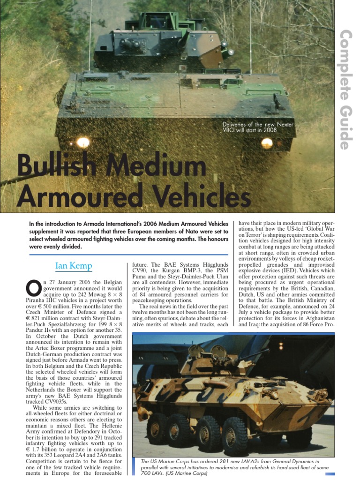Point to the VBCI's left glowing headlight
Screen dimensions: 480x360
pyautogui.click(x=83, y=142)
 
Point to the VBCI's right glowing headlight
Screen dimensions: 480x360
pyautogui.click(x=267, y=143)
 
